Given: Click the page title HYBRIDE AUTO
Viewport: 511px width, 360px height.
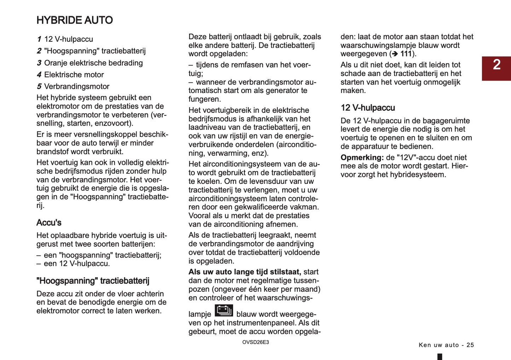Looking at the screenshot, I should [75, 20].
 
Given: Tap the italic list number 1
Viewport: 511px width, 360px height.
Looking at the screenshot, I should [39, 39].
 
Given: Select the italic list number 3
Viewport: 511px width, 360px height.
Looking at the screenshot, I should [39, 63].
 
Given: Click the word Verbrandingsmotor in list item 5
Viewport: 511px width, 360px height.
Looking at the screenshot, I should [77, 87].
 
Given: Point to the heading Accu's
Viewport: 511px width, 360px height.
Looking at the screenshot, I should [49, 222].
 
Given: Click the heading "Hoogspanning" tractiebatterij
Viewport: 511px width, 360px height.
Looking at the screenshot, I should [93, 281].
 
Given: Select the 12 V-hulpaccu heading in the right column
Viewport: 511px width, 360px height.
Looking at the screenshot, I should [367, 108].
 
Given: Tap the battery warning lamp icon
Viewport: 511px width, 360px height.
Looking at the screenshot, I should [224, 311].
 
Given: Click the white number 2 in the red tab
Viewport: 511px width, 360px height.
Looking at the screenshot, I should [497, 65].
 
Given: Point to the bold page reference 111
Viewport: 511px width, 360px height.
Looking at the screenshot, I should [406, 54].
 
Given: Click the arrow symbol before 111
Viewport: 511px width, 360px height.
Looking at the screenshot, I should [395, 54].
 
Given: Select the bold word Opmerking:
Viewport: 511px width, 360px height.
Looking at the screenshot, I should [362, 158].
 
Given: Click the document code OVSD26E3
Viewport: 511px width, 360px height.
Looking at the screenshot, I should [255, 342].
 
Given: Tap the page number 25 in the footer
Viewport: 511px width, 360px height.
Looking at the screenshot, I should [470, 345].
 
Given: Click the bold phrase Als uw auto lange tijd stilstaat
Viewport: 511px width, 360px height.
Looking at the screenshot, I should [244, 272].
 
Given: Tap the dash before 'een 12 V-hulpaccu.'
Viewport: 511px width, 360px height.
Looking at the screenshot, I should [39, 264].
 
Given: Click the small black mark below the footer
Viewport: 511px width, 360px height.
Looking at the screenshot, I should [440, 357].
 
